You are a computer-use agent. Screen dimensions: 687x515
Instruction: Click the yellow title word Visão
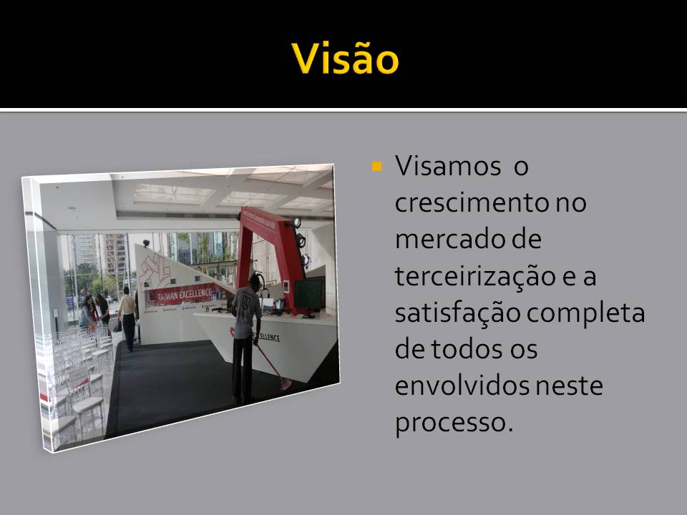tap(345, 58)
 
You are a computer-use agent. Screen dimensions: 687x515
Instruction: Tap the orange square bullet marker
tap(376, 167)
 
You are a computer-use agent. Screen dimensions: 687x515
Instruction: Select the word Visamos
tap(448, 166)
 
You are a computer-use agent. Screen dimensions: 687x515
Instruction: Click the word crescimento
tap(472, 202)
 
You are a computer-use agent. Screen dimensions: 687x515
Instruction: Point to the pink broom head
tap(286, 384)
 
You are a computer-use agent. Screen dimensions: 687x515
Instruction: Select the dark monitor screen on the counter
tap(309, 294)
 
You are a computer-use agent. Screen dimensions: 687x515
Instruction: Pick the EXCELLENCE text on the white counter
tap(267, 337)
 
